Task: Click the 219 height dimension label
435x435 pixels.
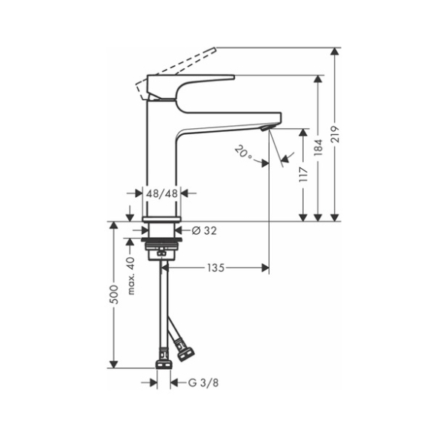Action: (x=336, y=134)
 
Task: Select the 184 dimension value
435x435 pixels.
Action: (x=319, y=147)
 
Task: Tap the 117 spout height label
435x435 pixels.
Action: (x=304, y=174)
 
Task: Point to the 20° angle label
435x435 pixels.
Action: (x=244, y=153)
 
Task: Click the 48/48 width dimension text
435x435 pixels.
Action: (x=162, y=193)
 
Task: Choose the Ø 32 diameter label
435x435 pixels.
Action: (x=205, y=230)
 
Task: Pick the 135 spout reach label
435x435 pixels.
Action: (x=216, y=268)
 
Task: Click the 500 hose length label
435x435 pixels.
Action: (x=114, y=294)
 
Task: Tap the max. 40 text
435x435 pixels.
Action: (x=131, y=276)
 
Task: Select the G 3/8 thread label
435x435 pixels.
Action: (x=203, y=383)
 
